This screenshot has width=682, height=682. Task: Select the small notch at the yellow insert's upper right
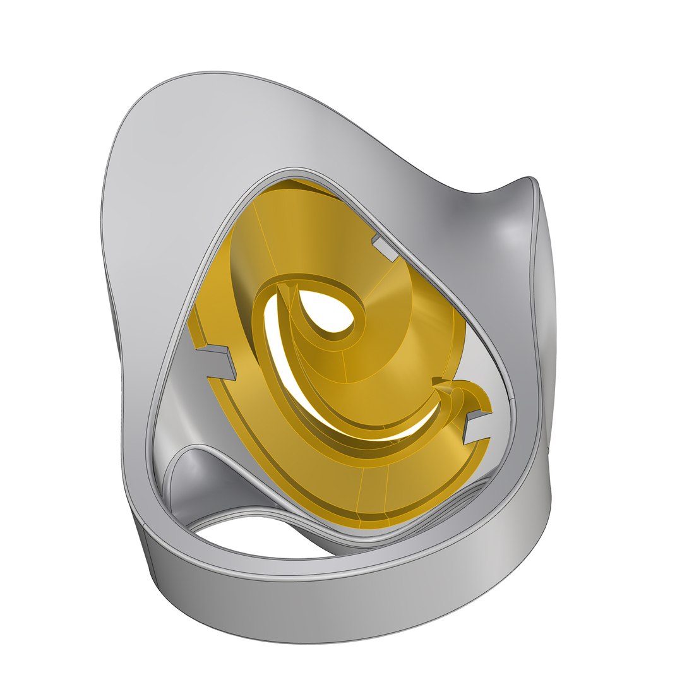386,247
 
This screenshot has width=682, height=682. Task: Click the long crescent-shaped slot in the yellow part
297,379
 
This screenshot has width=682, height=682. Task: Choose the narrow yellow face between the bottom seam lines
373,505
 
